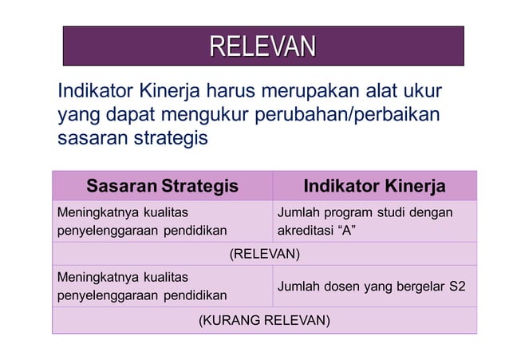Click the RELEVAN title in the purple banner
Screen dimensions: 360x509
(x=263, y=46)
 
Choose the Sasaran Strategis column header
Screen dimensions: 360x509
(x=162, y=187)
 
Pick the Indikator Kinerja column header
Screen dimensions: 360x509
(x=374, y=187)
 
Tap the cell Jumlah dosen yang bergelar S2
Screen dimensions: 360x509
(x=371, y=287)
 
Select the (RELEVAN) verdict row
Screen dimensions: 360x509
(x=264, y=255)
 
